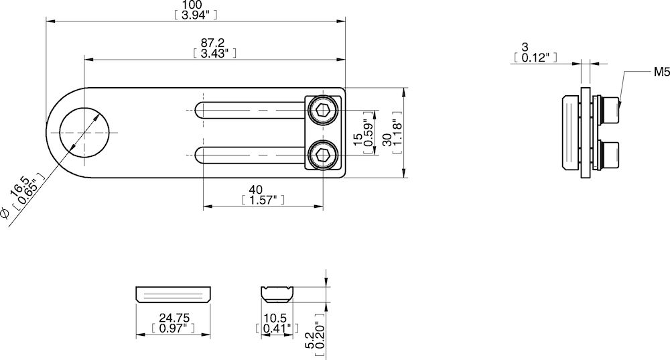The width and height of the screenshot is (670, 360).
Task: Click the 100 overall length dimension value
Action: [195, 5]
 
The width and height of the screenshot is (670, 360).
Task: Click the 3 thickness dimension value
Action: [525, 47]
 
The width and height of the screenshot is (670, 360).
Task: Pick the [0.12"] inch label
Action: [535, 58]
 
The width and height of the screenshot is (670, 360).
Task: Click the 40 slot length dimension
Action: [255, 190]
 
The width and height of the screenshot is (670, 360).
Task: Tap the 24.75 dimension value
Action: [173, 318]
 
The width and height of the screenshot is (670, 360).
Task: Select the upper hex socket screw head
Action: [323, 111]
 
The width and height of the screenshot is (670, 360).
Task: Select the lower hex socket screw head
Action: [323, 156]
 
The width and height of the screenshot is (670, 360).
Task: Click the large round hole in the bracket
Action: [84, 132]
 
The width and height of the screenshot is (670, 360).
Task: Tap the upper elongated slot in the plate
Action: [251, 111]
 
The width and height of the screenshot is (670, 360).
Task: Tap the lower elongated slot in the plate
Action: [251, 156]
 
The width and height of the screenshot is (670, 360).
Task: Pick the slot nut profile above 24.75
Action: [173, 294]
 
